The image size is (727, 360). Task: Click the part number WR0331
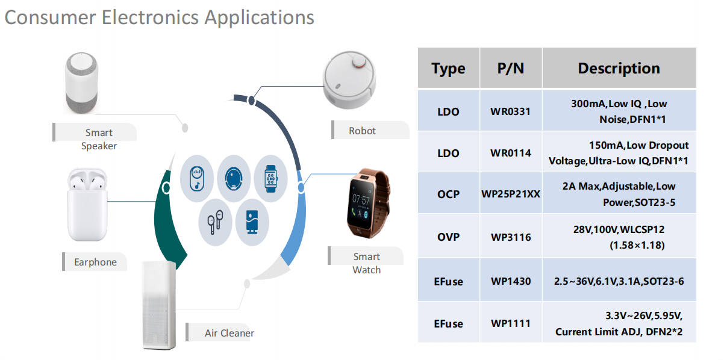coord(510,111)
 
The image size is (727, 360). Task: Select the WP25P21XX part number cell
coord(510,194)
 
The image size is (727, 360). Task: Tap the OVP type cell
coord(448,237)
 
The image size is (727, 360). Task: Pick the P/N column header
coord(510,69)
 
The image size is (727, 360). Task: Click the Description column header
coord(619,69)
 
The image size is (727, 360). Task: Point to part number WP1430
coord(510,281)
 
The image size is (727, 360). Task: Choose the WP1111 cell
coord(510,324)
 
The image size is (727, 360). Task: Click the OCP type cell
coord(448,194)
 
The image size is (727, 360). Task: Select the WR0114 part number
coord(510,153)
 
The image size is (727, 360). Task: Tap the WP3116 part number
coord(510,237)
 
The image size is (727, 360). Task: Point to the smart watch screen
coord(361,203)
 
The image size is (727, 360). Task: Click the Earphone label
coord(95,262)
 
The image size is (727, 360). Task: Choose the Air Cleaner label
coord(229,333)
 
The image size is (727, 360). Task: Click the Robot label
coord(362,131)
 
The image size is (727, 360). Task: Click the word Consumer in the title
coord(50,17)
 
